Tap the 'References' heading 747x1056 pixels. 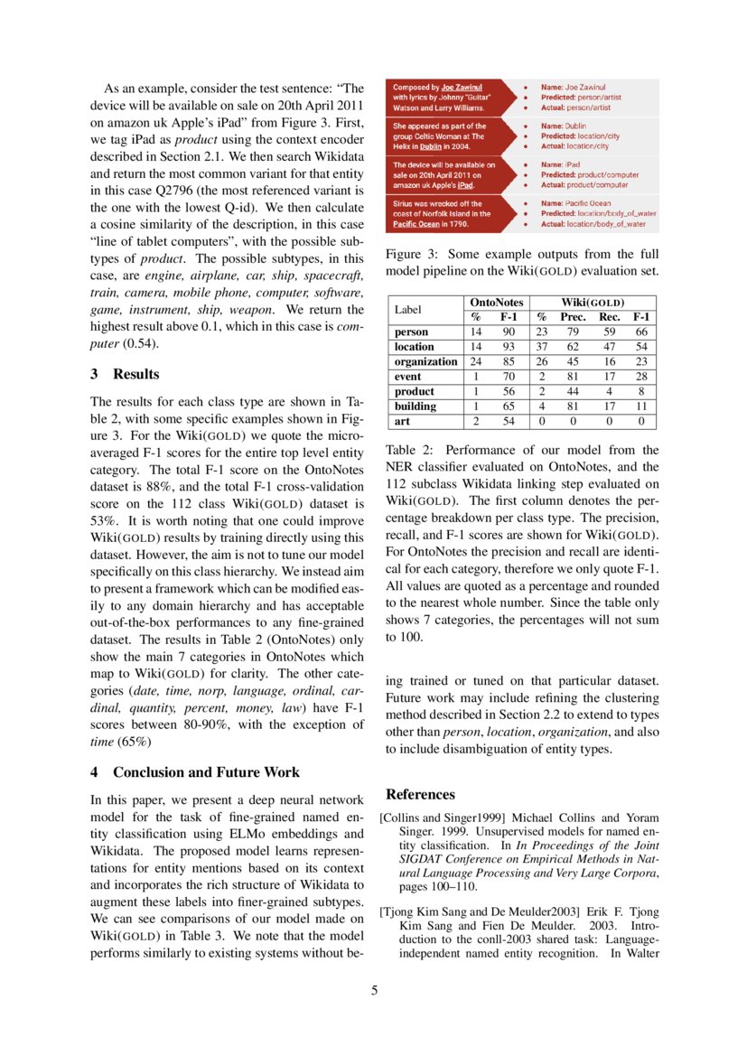(420, 794)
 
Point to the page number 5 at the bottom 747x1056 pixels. (374, 990)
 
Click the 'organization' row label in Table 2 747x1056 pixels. (425, 361)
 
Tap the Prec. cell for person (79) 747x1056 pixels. (571, 332)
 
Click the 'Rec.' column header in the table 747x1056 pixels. (610, 317)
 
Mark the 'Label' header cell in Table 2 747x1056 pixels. (408, 309)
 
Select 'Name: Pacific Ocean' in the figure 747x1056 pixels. (576, 204)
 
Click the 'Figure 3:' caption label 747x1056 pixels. (411, 254)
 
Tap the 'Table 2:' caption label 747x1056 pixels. (408, 449)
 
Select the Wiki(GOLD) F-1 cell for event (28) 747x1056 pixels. (640, 377)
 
